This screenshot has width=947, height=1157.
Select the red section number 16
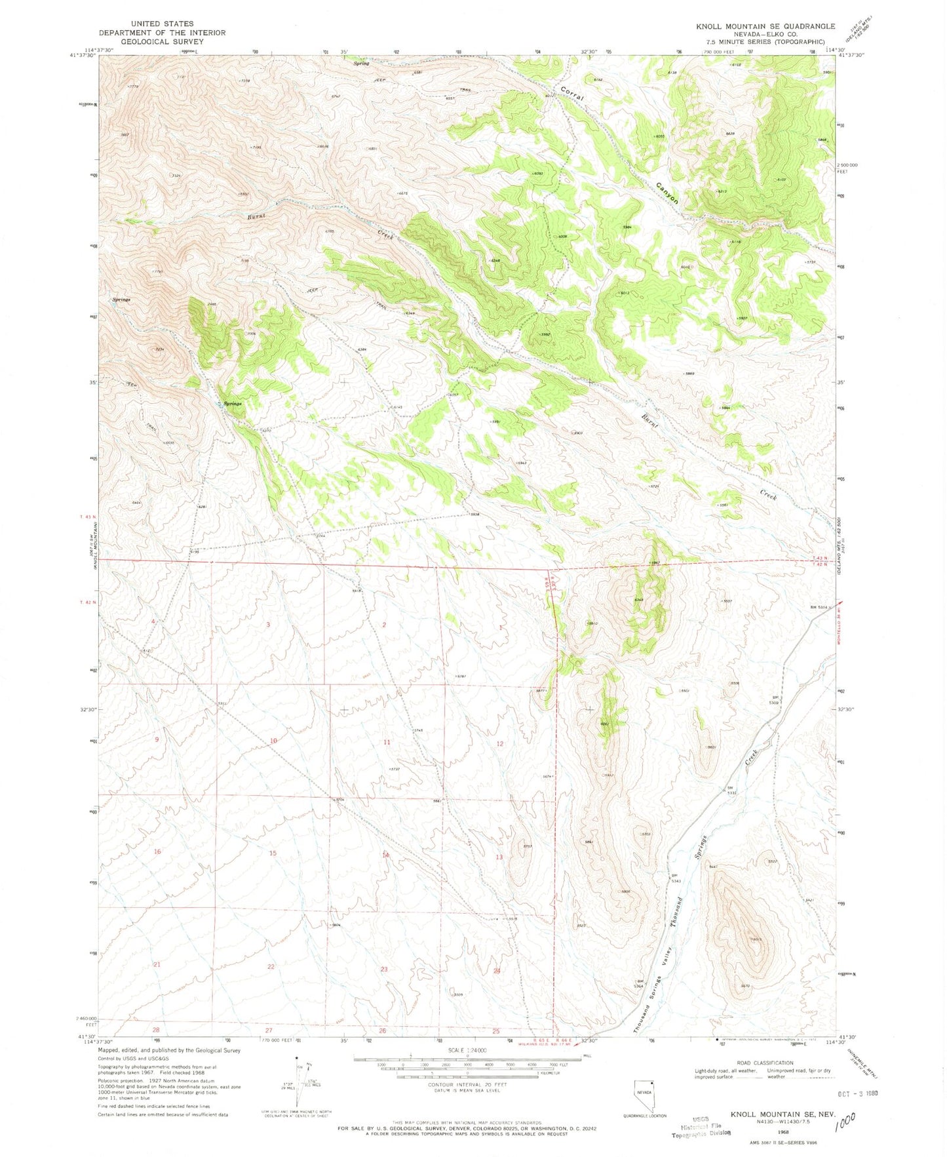pos(157,852)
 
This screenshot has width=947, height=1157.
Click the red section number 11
pos(387,742)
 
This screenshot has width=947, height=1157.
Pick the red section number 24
pos(497,971)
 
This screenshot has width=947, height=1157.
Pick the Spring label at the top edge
pos(361,64)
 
